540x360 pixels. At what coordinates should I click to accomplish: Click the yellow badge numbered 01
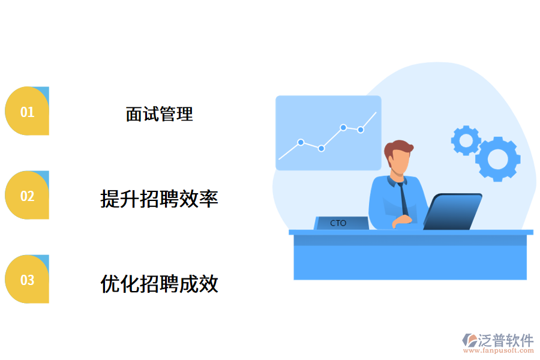tap(27, 112)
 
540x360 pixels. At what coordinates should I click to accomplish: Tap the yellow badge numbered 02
tap(27, 196)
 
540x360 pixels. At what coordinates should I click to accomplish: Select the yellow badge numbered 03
tap(27, 280)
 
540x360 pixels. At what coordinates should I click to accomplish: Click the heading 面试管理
tap(159, 114)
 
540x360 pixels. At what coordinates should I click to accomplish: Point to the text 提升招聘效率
tap(159, 198)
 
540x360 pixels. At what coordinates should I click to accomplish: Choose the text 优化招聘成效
tap(159, 283)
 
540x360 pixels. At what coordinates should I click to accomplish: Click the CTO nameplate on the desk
tap(340, 223)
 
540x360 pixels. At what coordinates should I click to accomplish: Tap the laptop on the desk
tap(453, 211)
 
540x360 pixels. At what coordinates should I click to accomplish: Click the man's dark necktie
tap(403, 198)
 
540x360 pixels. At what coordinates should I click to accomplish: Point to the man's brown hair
tap(399, 148)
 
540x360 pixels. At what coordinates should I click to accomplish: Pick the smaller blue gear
tap(466, 140)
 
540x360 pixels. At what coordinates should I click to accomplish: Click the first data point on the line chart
tap(301, 142)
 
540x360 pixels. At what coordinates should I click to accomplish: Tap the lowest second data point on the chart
tap(322, 148)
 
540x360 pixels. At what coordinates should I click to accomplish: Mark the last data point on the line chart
tap(361, 130)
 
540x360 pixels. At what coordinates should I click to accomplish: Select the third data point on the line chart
tap(343, 127)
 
